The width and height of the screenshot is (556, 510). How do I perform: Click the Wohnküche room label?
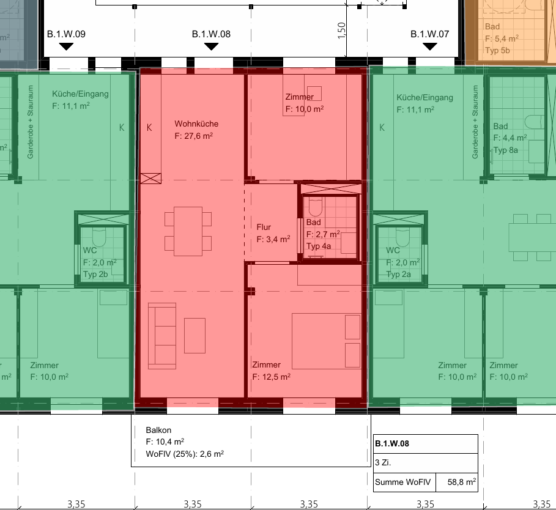coord(196,124)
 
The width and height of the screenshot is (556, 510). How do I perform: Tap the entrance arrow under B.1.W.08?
coord(212,46)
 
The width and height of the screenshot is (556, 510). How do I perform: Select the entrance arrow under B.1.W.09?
coord(66,46)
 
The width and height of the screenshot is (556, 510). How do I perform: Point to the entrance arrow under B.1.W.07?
coord(430,46)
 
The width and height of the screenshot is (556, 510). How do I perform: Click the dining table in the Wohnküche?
coord(188,231)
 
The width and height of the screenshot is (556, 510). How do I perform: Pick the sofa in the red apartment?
coord(162,336)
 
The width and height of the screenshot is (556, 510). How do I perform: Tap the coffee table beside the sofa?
coord(195,336)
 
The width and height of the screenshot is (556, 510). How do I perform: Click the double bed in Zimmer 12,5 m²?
coord(326,341)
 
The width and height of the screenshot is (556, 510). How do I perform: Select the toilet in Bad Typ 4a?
coord(315,206)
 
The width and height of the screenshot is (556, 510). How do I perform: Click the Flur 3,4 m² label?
coord(273,233)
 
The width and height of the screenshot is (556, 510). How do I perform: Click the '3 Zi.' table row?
coord(426,463)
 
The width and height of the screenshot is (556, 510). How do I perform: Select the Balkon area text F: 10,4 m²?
coord(165,442)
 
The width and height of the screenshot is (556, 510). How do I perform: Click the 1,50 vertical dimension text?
coord(341,31)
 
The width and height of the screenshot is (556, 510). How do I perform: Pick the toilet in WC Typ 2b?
coord(99,237)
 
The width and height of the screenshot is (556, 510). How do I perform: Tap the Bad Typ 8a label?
coord(510,138)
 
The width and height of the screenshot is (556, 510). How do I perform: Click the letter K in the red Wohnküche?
coord(149,128)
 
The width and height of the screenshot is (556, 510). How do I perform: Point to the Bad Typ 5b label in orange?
coord(502,39)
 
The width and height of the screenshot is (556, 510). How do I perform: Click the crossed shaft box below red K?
coord(150,179)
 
